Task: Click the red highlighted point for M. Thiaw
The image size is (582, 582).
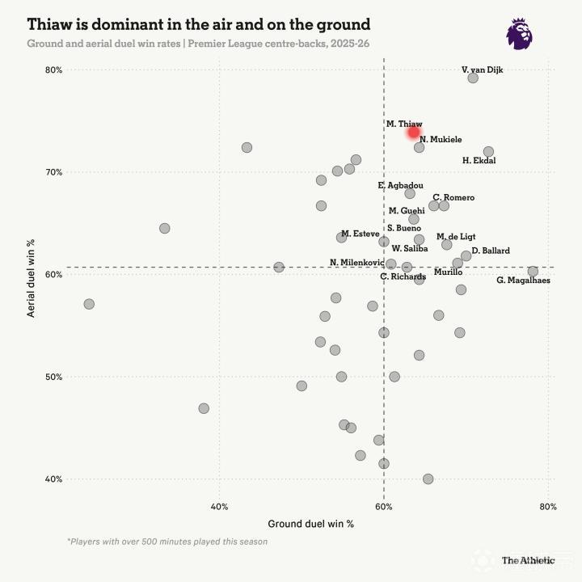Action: click(x=414, y=132)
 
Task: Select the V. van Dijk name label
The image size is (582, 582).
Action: click(x=482, y=70)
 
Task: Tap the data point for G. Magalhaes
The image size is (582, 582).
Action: click(x=533, y=272)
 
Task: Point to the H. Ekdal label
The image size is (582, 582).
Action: click(x=479, y=161)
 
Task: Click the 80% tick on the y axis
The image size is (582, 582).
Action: click(x=53, y=70)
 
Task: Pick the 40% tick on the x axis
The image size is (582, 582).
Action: click(x=219, y=508)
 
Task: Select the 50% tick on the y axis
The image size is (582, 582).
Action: click(x=53, y=377)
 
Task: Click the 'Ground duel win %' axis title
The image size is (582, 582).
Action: click(x=310, y=524)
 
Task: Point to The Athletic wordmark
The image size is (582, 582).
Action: click(x=528, y=560)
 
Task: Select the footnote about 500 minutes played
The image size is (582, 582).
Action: click(x=167, y=542)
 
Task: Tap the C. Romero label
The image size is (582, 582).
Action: click(x=453, y=198)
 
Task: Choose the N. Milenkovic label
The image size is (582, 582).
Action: click(x=356, y=263)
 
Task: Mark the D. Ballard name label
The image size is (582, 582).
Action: click(x=491, y=251)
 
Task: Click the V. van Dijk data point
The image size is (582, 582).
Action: click(x=473, y=78)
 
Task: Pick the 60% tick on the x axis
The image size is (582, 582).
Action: click(x=384, y=508)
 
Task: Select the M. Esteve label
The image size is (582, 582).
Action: click(x=360, y=234)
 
